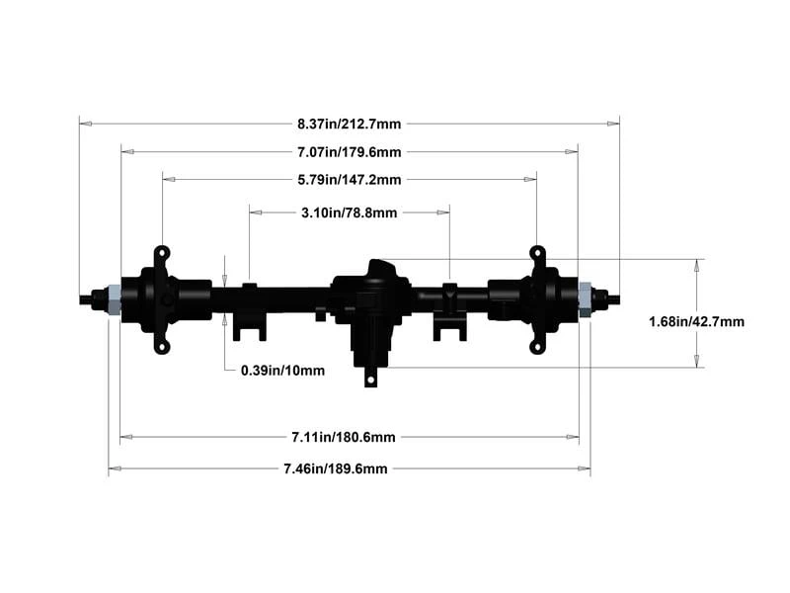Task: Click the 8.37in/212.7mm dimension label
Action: click(350, 125)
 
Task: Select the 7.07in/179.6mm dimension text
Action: click(350, 152)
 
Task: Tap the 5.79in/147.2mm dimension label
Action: click(350, 180)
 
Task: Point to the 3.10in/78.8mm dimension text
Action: click(350, 212)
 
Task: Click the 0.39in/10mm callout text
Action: click(282, 371)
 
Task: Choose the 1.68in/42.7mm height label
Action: click(696, 322)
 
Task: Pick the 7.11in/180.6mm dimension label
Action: click(344, 437)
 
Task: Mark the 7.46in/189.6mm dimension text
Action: click(336, 468)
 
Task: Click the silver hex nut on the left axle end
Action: click(114, 299)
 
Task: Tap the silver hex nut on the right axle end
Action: click(585, 299)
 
